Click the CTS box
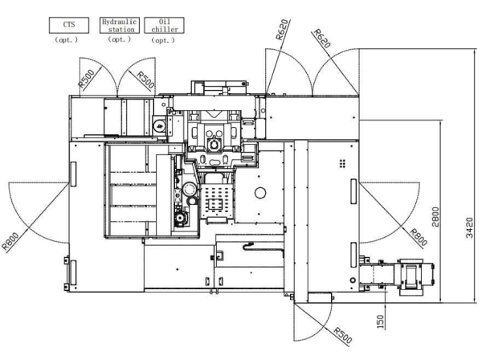coord(69,25)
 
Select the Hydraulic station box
coord(120,25)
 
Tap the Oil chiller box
coord(165,25)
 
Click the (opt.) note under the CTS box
coord(67,40)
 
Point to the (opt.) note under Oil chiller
coord(163,40)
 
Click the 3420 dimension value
coord(469,227)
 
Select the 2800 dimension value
coord(435,217)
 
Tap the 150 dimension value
coord(380,321)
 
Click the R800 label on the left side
coord(10,241)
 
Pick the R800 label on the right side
coord(419,237)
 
